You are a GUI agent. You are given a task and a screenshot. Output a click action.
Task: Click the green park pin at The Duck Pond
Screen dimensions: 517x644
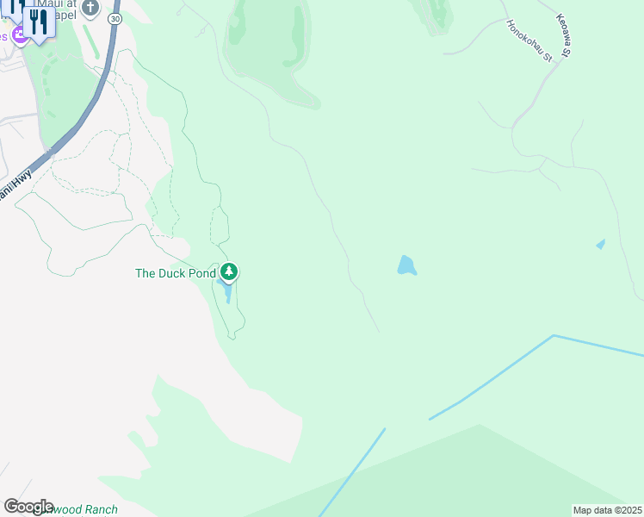[x=228, y=273]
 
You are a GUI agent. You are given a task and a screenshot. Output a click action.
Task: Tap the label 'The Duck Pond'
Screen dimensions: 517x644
[x=176, y=274]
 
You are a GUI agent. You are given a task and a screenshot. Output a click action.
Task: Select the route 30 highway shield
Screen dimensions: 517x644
[x=115, y=18]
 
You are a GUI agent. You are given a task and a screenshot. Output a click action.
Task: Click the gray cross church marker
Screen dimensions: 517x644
[x=91, y=8]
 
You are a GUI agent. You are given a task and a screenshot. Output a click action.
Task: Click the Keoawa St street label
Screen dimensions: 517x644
[x=564, y=36]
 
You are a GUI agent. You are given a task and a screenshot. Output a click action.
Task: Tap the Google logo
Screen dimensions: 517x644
[x=28, y=507]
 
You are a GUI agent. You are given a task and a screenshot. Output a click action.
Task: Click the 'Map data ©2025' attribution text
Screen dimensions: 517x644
[x=607, y=510]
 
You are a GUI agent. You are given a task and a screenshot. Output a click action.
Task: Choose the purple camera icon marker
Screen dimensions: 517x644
[x=19, y=34]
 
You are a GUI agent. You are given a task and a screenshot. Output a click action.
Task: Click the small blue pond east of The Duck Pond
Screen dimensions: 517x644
[x=406, y=265]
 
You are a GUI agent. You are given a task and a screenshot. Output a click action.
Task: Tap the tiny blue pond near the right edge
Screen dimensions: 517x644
[x=600, y=245]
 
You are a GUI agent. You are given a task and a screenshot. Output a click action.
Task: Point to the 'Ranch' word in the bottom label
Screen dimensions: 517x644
[x=101, y=510]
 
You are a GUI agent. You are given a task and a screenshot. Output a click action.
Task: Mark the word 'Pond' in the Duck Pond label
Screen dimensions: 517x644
[x=201, y=274]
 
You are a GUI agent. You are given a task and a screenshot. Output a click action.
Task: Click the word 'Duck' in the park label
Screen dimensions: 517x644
[x=170, y=274]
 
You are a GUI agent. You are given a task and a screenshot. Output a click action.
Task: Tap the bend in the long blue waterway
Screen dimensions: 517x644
[x=553, y=336]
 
